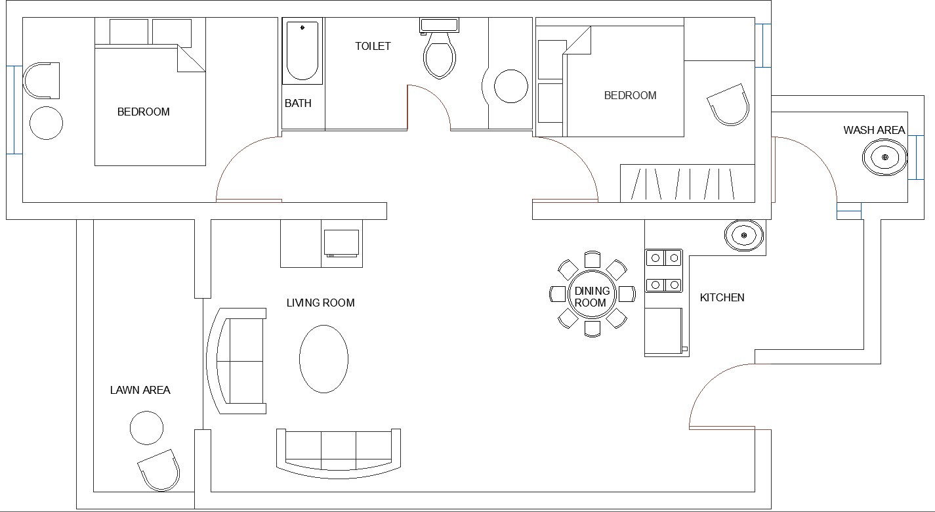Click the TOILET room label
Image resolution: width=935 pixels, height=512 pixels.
tap(373, 46)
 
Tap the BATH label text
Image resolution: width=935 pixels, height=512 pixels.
tap(298, 104)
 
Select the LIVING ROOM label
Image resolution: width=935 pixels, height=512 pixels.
tap(320, 303)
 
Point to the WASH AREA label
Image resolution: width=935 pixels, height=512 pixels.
tap(874, 131)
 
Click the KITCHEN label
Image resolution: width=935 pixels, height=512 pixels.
tap(722, 297)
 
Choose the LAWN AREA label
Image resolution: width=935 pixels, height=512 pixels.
tap(140, 390)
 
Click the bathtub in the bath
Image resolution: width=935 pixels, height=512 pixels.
tap(302, 51)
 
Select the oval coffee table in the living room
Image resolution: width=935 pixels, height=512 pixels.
tap(323, 358)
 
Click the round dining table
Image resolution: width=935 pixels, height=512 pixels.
tap(592, 294)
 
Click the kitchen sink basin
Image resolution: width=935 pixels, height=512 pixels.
tap(743, 234)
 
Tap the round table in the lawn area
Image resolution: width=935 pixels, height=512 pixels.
tap(146, 428)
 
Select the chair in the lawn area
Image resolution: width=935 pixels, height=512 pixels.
tap(159, 471)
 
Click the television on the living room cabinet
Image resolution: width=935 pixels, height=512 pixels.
tap(341, 242)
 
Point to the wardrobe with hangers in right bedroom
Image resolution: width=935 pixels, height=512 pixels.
tap(686, 183)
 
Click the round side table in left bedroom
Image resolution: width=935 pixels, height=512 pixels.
tap(47, 123)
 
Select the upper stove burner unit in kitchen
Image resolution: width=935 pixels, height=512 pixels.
tap(663, 257)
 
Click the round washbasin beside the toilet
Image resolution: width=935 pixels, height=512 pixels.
tap(510, 87)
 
